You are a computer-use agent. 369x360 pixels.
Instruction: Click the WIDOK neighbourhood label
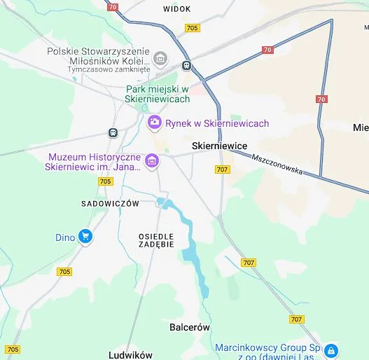click(x=176, y=9)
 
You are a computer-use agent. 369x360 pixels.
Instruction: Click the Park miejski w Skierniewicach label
click(x=158, y=95)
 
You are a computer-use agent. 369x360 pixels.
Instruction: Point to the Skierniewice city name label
click(x=219, y=146)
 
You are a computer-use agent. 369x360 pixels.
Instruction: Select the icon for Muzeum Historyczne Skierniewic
click(x=151, y=162)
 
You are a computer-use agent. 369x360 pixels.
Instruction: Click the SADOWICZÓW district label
click(x=111, y=203)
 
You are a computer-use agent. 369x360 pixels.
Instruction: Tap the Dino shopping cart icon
click(x=85, y=237)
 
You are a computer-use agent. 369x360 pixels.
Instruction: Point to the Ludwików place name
click(x=130, y=354)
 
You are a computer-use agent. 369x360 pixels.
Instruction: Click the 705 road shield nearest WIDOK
click(x=193, y=28)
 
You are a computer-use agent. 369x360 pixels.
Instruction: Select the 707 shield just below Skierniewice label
click(x=223, y=169)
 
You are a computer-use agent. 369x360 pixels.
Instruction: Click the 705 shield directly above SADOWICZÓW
click(x=106, y=181)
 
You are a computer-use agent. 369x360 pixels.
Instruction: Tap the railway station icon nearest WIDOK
click(x=186, y=65)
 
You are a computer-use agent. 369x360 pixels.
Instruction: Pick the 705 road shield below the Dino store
click(x=64, y=272)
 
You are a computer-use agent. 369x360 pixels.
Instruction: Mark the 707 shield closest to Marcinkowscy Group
click(x=296, y=319)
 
